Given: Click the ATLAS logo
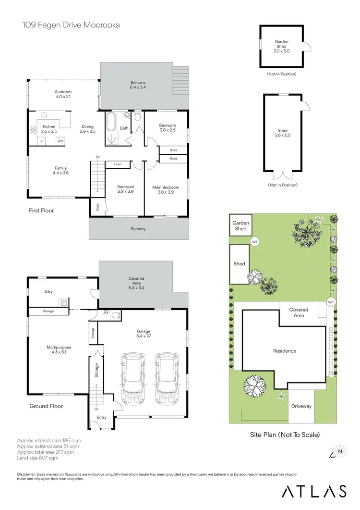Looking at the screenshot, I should [x=314, y=491].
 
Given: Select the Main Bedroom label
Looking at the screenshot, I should [x=166, y=189].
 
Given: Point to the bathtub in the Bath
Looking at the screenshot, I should [x=111, y=122].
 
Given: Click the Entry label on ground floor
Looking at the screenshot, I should [x=102, y=417].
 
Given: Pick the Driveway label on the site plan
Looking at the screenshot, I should [x=301, y=406].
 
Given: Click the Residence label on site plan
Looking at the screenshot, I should [x=285, y=351].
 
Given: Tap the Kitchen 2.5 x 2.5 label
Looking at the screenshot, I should [x=49, y=129].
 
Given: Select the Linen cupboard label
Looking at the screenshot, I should [x=118, y=164].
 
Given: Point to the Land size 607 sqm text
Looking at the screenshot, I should [x=37, y=458].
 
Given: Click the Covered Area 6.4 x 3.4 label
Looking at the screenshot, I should [x=136, y=281].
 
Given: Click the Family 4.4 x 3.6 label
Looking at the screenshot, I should [x=60, y=171].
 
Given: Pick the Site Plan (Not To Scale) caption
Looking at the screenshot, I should [x=285, y=435].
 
